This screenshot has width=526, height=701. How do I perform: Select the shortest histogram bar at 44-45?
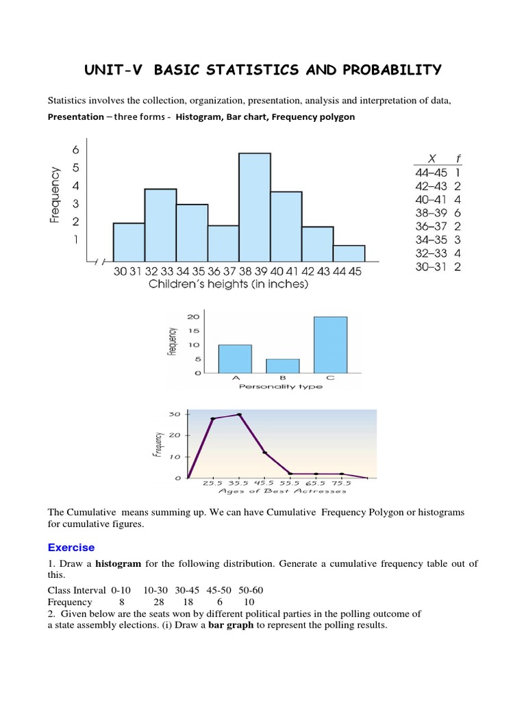349,253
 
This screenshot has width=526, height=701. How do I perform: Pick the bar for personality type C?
331,345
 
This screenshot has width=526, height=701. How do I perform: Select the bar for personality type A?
235,359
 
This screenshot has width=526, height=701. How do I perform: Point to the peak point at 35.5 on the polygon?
239,415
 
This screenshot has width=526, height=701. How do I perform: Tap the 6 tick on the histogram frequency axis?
76,150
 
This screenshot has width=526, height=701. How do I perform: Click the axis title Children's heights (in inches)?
229,284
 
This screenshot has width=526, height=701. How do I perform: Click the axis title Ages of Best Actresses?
281,491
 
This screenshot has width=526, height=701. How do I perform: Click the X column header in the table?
431,158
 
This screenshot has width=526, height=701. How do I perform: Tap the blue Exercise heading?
71,548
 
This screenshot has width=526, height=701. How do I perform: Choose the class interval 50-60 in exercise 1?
249,589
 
